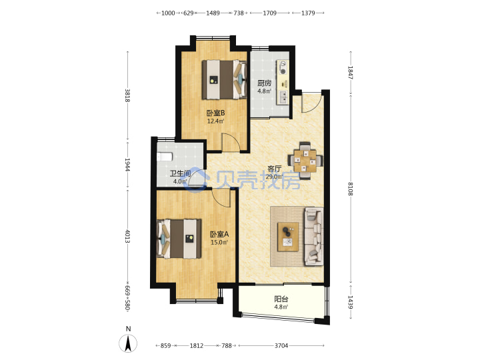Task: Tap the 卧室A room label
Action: click(219, 235)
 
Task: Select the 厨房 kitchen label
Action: click(264, 83)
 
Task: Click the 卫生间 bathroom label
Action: click(180, 173)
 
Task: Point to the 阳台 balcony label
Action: click(281, 299)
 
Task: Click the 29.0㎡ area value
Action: click(274, 177)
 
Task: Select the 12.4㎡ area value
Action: click(215, 121)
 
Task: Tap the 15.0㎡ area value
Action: click(219, 243)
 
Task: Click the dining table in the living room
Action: click(305, 161)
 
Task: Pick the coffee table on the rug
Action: click(288, 237)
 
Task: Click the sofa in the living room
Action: click(314, 237)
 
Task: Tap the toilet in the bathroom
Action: click(165, 157)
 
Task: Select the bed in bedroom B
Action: click(224, 79)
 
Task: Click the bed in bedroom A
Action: click(179, 239)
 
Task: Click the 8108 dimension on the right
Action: click(351, 189)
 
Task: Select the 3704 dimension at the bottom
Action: click(281, 345)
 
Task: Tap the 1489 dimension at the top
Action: click(213, 13)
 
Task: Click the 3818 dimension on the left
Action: click(127, 95)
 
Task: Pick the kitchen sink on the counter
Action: click(283, 97)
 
